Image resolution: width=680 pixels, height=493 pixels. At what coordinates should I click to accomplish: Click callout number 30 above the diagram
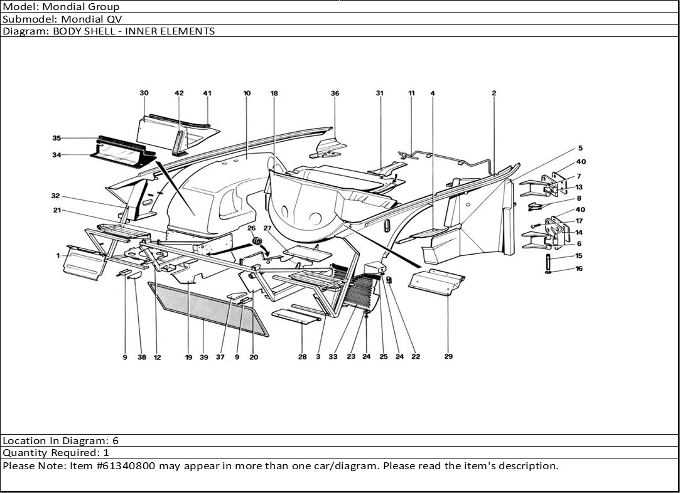pos(144,93)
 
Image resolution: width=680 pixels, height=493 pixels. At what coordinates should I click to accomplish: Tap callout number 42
pos(179,93)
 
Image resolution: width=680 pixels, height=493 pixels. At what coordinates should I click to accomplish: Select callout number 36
pos(335,93)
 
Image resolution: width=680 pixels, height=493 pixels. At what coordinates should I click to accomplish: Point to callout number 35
pos(57,138)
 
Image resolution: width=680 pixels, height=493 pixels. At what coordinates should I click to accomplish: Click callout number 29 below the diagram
pos(448,356)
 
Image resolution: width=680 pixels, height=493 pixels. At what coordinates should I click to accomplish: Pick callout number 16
pos(579,268)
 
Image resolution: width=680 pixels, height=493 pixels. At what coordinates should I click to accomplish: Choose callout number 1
pos(58,256)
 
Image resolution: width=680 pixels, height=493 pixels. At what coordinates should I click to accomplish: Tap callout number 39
pos(204,358)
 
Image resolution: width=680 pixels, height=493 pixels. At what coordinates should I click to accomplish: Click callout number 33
pos(333,357)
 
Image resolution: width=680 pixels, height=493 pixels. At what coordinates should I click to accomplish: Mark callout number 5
pos(580,148)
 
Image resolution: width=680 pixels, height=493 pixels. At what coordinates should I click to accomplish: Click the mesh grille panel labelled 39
pos(208,308)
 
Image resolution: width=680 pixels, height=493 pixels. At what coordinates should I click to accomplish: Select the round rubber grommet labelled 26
pos(257,241)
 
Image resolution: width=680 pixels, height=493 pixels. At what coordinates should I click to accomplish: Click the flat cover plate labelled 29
pos(436,282)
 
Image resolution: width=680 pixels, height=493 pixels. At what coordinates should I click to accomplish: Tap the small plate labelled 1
pos(85,263)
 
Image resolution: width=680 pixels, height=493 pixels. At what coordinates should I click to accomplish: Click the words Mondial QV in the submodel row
pos(92,19)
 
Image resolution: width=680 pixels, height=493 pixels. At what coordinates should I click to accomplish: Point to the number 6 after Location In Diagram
pos(116,441)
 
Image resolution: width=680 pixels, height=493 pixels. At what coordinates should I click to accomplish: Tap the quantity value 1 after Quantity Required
pos(106,453)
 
